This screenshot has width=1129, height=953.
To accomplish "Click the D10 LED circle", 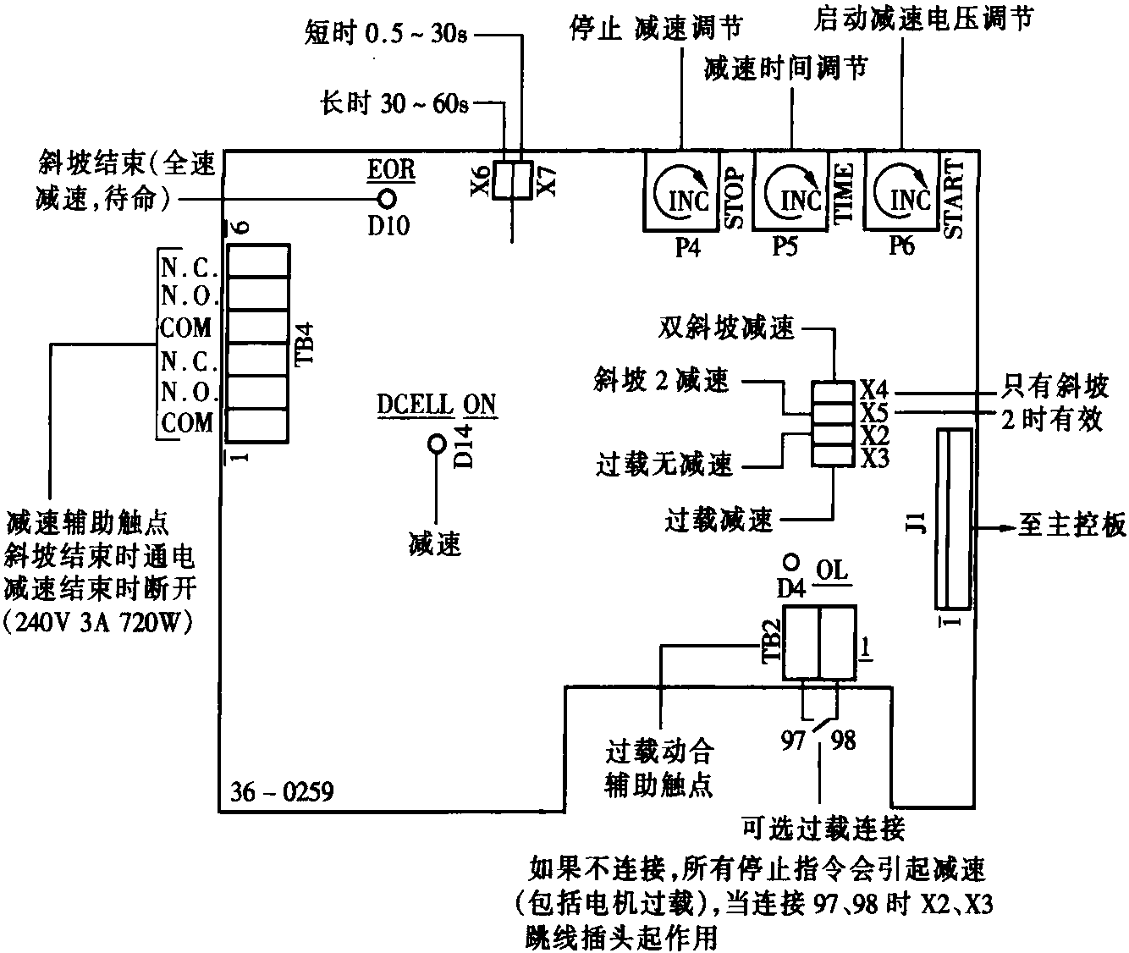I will click(x=388, y=199).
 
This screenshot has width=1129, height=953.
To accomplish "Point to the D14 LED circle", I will click(x=437, y=443).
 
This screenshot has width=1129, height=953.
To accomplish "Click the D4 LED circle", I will click(x=790, y=561).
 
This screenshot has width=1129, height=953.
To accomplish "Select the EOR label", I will click(x=391, y=168).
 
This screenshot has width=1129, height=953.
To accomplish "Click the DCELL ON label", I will click(x=437, y=405).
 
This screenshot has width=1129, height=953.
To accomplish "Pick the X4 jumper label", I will click(x=875, y=389).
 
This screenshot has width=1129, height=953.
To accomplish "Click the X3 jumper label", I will click(x=875, y=458).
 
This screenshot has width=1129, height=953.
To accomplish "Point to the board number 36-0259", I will click(x=282, y=792).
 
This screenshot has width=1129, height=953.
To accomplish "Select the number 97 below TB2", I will click(x=793, y=741).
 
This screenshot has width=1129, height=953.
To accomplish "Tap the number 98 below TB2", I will click(x=843, y=741).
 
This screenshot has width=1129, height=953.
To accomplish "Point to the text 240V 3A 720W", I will click(x=99, y=623).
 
